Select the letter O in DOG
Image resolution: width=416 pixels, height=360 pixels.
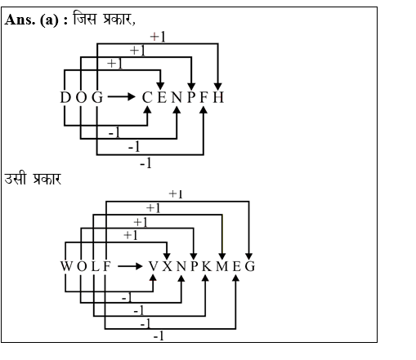pyautogui.click(x=82, y=98)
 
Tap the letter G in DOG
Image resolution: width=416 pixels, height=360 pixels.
pyautogui.click(x=97, y=98)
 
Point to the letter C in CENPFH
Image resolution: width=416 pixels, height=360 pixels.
pyautogui.click(x=147, y=98)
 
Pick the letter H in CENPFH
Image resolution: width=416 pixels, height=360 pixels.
pyautogui.click(x=217, y=98)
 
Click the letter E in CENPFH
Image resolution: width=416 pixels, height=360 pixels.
pyautogui.click(x=161, y=98)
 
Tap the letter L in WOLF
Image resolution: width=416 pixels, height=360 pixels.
pyautogui.click(x=94, y=266)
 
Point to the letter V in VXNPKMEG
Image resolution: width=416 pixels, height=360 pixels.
pyautogui.click(x=154, y=266)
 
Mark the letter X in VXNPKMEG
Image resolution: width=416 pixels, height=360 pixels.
pyautogui.click(x=168, y=266)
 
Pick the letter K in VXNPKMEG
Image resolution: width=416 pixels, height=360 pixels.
pyautogui.click(x=208, y=266)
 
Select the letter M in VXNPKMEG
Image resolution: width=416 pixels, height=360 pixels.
pyautogui.click(x=222, y=266)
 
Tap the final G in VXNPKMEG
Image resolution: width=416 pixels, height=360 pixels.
pyautogui.click(x=249, y=266)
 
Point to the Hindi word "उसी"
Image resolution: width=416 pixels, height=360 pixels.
pyautogui.click(x=16, y=178)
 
